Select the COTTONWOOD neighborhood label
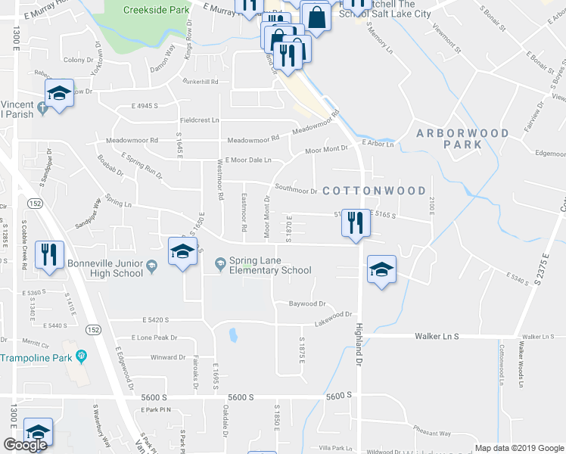tap(374, 191)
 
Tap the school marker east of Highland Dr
tap(381, 270)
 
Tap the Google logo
tap(25, 445)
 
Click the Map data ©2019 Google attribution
tap(518, 447)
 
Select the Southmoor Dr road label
tap(296, 191)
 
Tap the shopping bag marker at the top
tap(316, 17)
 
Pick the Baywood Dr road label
tap(307, 303)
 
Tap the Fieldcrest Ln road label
tap(199, 120)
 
